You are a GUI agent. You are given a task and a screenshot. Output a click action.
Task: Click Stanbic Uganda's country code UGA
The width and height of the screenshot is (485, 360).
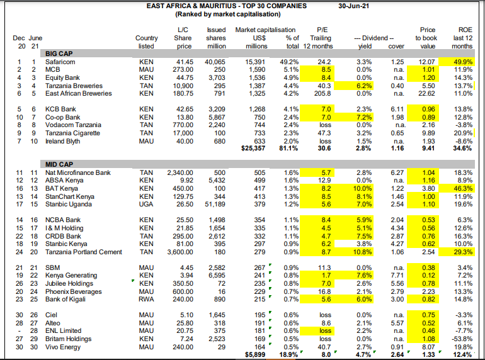pyautogui.click(x=146, y=205)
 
